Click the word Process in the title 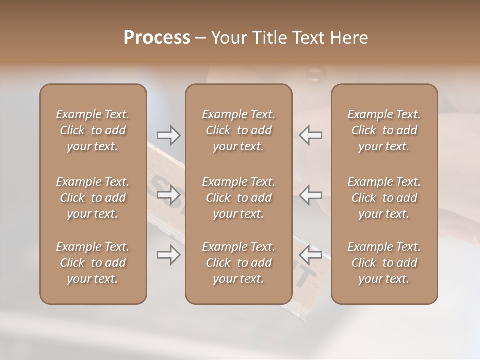click(157, 38)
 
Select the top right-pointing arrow click(168, 135)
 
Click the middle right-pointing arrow click(168, 195)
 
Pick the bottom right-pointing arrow click(168, 255)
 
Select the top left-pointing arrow click(311, 135)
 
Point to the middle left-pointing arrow click(311, 195)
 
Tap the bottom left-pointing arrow click(311, 255)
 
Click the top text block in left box click(93, 130)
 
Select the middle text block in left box click(93, 198)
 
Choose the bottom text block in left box click(93, 263)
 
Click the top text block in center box click(238, 130)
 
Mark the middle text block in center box click(238, 198)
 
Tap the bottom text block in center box click(238, 263)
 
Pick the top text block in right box click(384, 130)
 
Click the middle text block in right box click(384, 198)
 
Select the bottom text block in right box click(384, 263)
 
